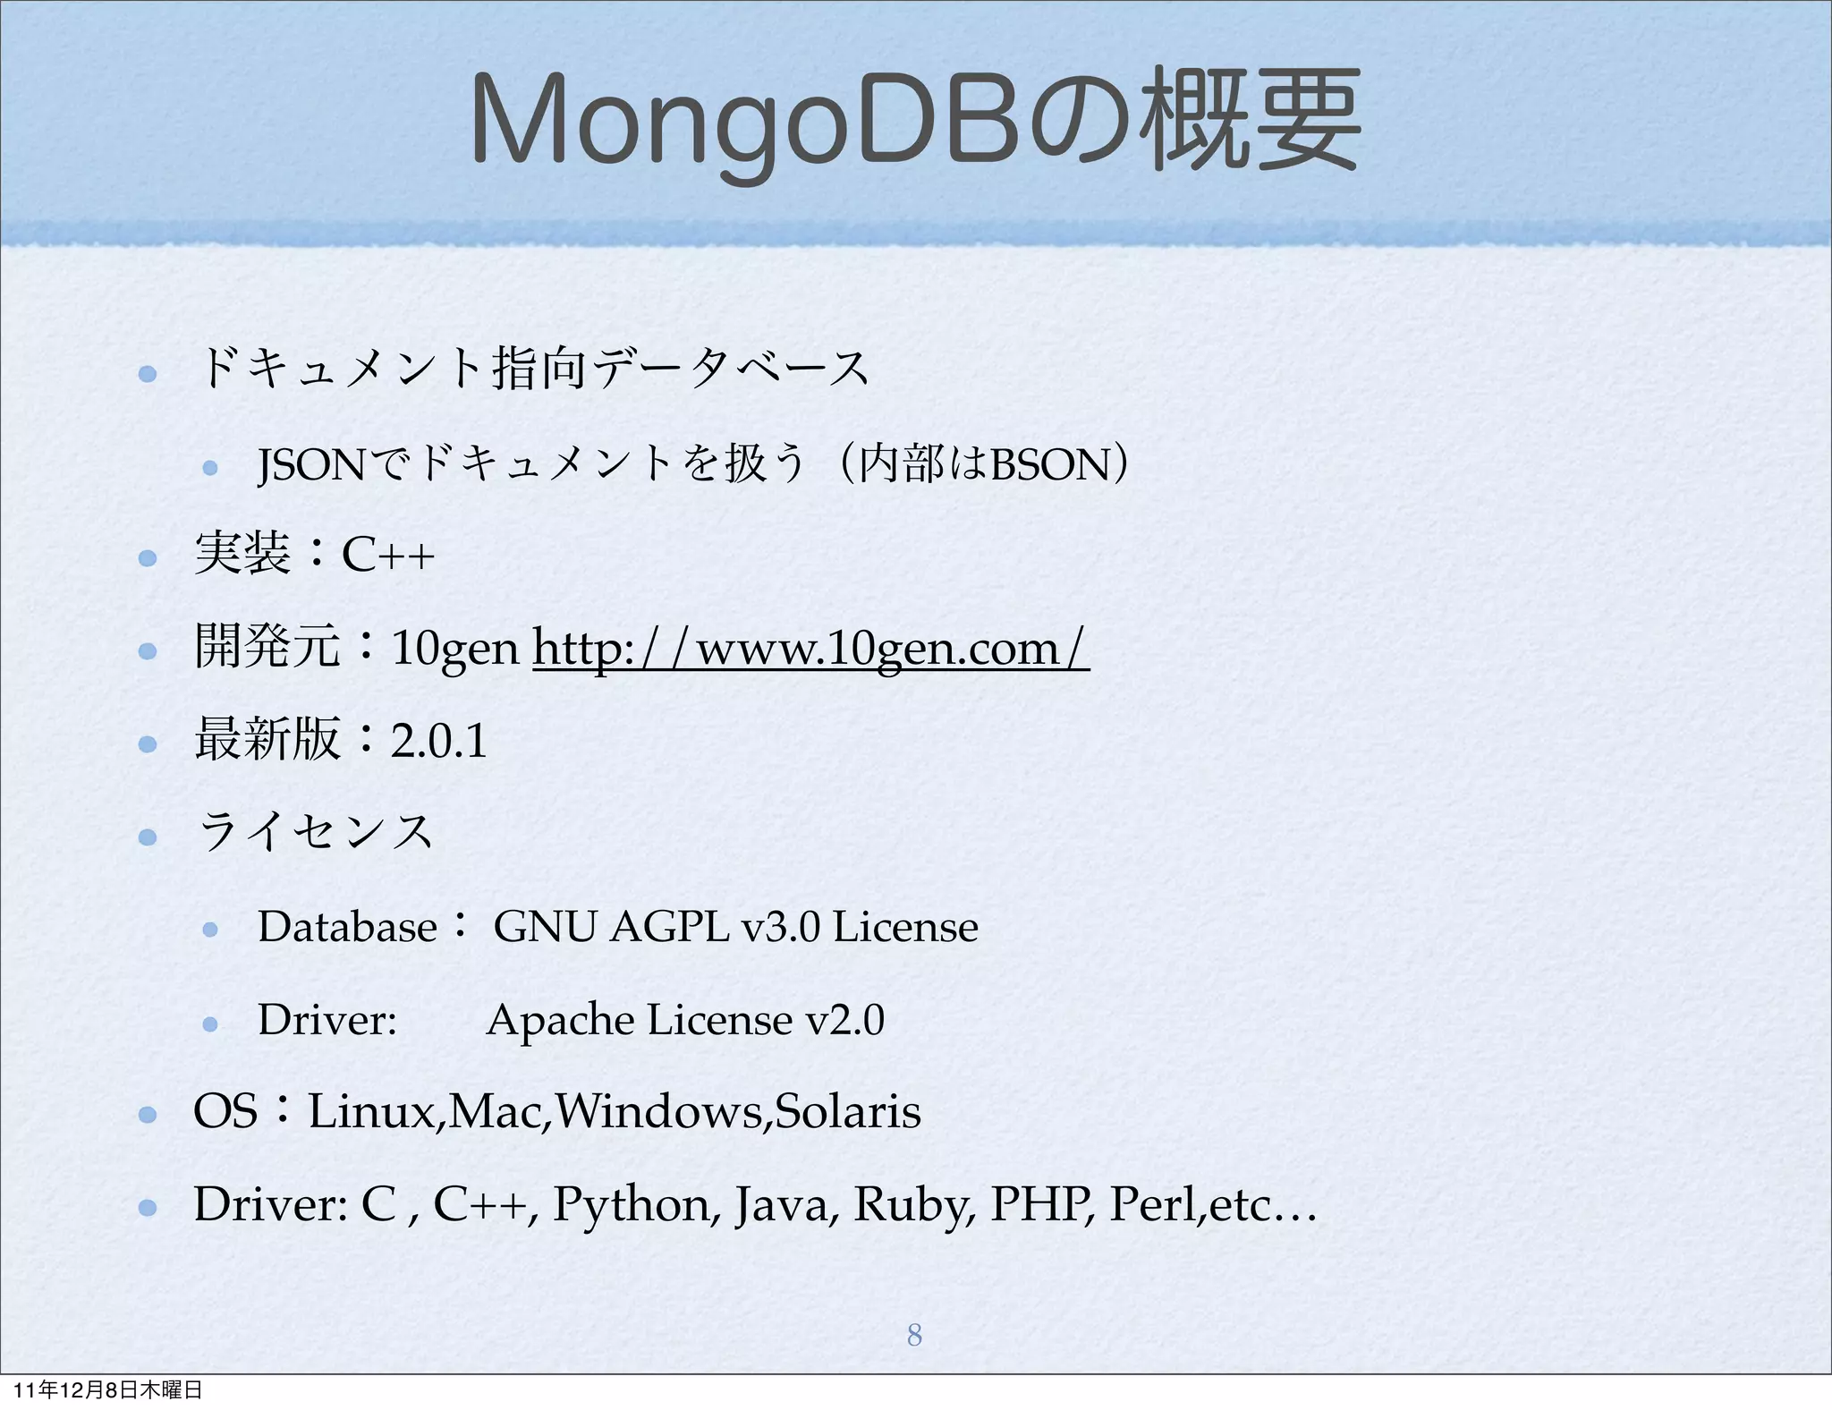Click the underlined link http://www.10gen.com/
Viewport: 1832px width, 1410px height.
810,648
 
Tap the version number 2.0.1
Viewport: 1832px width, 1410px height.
439,741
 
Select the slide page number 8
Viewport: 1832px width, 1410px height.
913,1335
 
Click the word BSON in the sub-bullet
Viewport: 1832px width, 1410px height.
1050,465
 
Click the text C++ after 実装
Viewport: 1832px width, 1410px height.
388,555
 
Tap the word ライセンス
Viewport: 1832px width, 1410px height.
315,832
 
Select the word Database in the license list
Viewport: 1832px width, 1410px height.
347,927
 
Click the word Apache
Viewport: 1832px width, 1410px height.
560,1020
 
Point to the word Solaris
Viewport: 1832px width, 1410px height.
848,1112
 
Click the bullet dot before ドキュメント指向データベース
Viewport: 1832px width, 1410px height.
148,373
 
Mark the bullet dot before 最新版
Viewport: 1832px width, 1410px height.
148,743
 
